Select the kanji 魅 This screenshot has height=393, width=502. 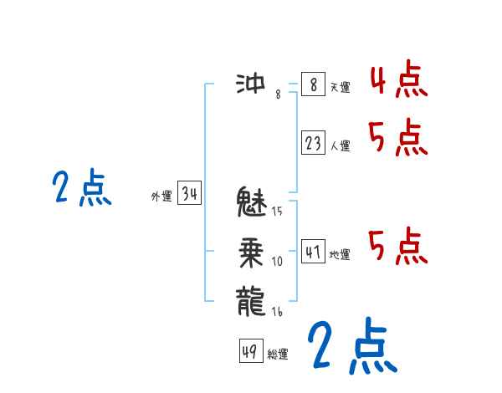pyautogui.click(x=254, y=202)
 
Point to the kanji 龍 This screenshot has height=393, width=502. pyautogui.click(x=254, y=299)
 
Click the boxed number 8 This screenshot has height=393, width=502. pyautogui.click(x=312, y=84)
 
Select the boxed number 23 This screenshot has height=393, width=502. pyautogui.click(x=313, y=144)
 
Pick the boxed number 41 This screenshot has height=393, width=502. pyautogui.click(x=313, y=251)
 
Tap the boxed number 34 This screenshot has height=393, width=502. pyautogui.click(x=190, y=194)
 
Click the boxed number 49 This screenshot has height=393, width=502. pyautogui.click(x=249, y=352)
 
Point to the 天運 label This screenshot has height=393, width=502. pyautogui.click(x=340, y=87)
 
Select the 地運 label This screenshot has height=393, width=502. pyautogui.click(x=340, y=254)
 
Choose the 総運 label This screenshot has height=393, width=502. pyautogui.click(x=278, y=355)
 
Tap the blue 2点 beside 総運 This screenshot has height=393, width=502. pyautogui.click(x=351, y=347)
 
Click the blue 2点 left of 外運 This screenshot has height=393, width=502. pyautogui.click(x=82, y=188)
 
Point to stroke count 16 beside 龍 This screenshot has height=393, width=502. pyautogui.click(x=277, y=312)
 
